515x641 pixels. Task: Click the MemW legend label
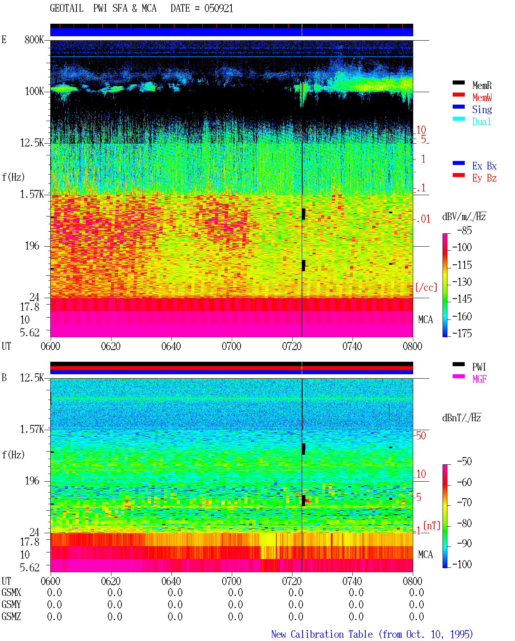(482, 97)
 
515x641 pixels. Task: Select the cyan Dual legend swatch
(458, 119)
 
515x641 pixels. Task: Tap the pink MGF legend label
(479, 379)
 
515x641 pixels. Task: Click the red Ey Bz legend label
(484, 178)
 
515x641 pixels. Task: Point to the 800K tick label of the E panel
(34, 39)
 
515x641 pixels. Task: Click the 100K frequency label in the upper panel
(34, 91)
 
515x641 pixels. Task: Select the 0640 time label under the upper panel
(171, 346)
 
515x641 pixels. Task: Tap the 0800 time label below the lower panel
(412, 581)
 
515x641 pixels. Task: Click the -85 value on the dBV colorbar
(464, 230)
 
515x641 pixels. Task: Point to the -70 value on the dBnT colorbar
(464, 502)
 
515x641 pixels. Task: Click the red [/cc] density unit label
(426, 287)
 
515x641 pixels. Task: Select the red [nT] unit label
(432, 526)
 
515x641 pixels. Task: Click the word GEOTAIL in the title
(67, 8)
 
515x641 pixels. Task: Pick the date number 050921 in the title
(218, 8)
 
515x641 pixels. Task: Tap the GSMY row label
(11, 604)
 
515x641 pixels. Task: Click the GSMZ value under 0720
(296, 616)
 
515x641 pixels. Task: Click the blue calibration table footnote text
(372, 634)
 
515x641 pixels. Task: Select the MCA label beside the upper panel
(425, 319)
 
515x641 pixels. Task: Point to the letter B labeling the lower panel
(4, 377)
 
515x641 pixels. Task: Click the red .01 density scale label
(423, 219)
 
